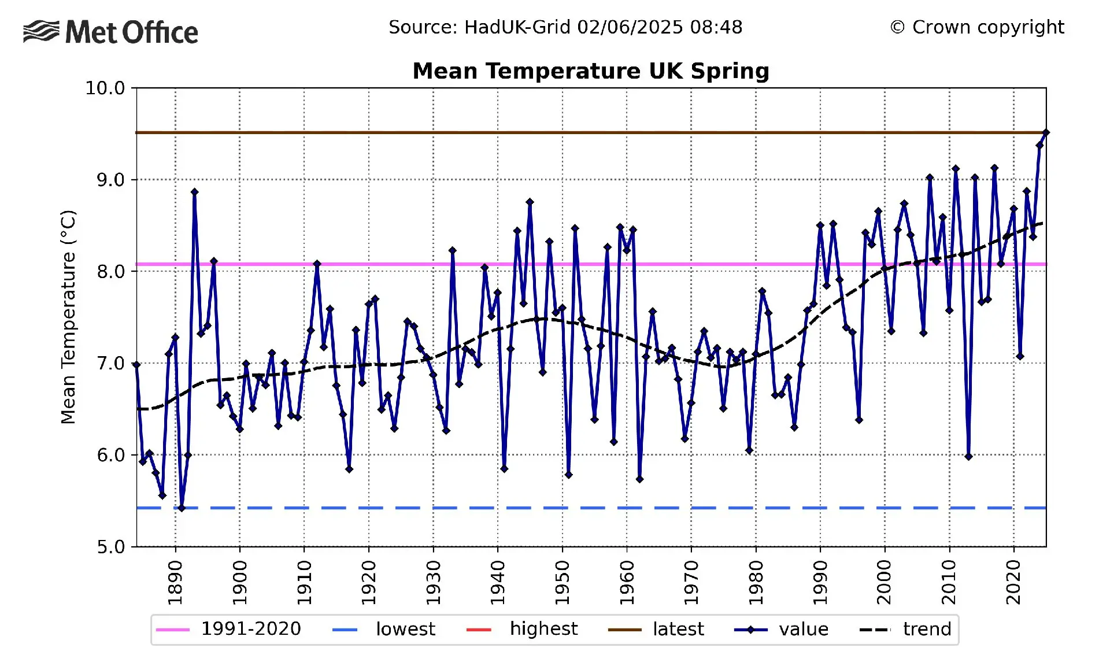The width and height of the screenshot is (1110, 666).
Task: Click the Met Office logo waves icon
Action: [41, 31]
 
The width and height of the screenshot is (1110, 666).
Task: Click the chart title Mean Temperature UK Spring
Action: [590, 71]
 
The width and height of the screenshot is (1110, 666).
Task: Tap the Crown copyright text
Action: [977, 27]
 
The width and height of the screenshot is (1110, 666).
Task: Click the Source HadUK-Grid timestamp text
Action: [565, 27]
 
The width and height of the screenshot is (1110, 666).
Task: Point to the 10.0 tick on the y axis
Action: [105, 88]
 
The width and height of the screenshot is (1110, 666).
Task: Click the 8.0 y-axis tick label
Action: [110, 272]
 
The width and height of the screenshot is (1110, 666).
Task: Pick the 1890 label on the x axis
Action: [175, 582]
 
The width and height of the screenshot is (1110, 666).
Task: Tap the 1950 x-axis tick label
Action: [562, 582]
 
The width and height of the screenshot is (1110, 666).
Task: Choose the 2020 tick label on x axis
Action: [1013, 582]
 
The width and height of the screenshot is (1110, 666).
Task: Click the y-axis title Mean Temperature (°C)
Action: [68, 317]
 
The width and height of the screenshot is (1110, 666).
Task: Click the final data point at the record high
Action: [1045, 133]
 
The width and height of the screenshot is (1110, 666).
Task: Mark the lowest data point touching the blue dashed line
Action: [182, 508]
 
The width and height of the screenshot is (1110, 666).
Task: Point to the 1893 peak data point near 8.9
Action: [195, 192]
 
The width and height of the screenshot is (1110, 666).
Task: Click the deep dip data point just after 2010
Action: [968, 457]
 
